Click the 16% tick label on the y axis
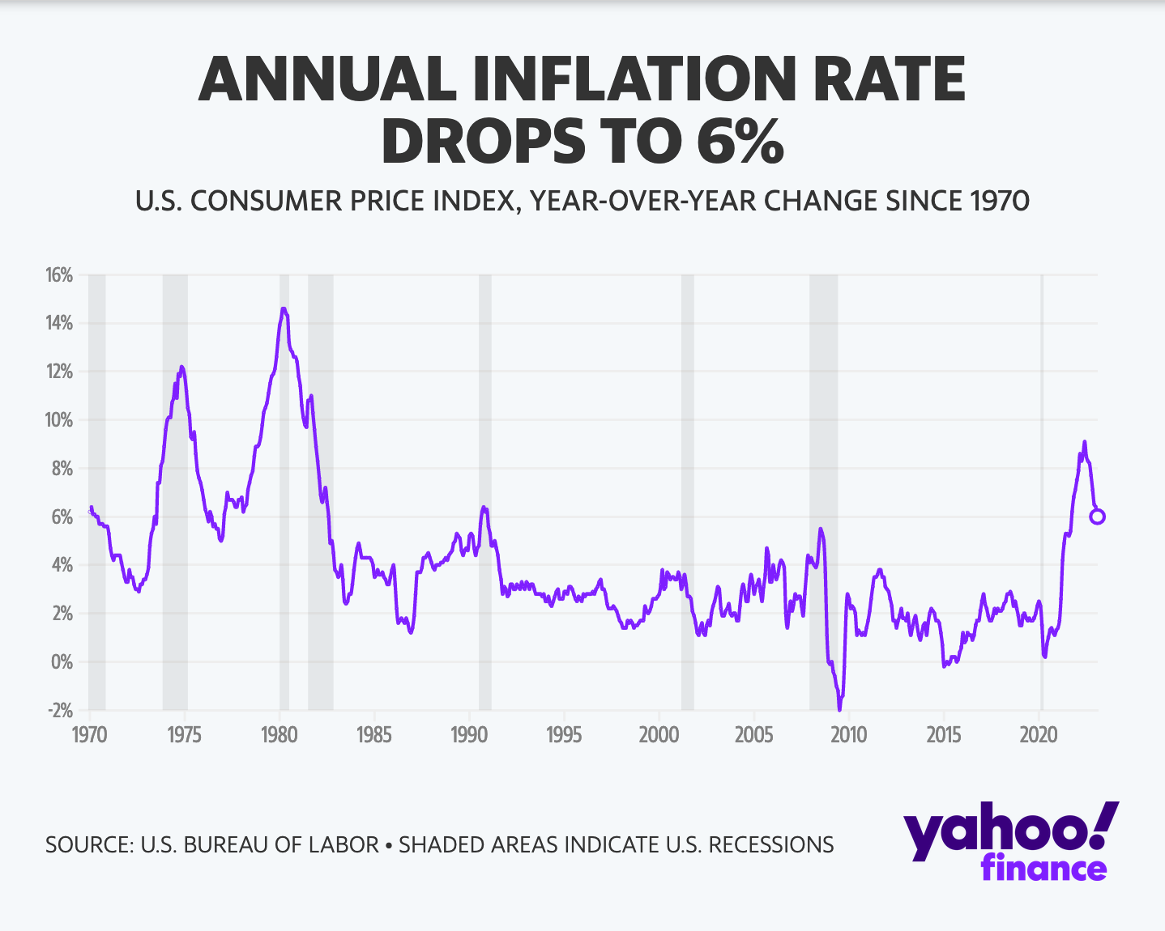[60, 275]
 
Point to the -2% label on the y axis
[60, 710]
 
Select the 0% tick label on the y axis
[62, 662]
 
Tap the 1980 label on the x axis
[280, 735]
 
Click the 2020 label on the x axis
[1039, 735]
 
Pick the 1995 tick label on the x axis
[564, 735]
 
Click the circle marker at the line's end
[1097, 517]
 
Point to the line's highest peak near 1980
[283, 308]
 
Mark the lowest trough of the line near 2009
[839, 709]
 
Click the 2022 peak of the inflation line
[1084, 442]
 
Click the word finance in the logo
[1043, 869]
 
